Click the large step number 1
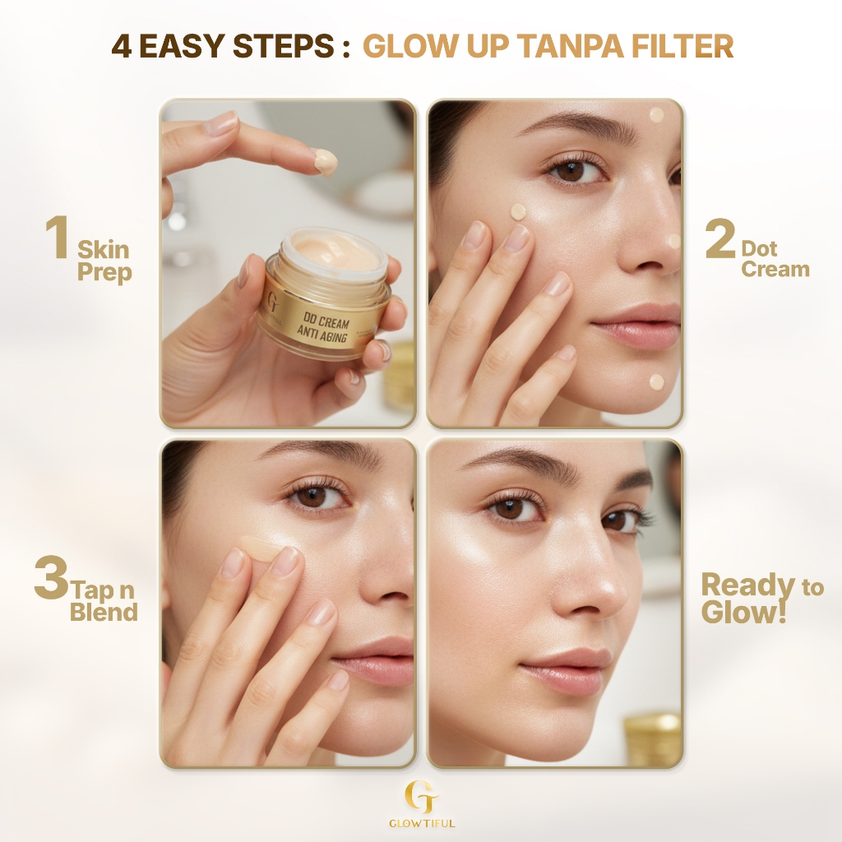tap(58, 238)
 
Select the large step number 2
tap(720, 238)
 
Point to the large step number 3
tap(52, 577)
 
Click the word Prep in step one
tap(104, 272)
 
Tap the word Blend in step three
tap(104, 612)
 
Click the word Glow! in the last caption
tap(743, 612)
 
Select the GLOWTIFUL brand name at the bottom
tap(422, 823)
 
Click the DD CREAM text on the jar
tap(326, 321)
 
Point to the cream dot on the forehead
tap(657, 115)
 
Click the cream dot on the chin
tap(657, 382)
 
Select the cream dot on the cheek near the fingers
tap(518, 211)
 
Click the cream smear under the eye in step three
tap(261, 548)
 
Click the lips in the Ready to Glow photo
tap(565, 669)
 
